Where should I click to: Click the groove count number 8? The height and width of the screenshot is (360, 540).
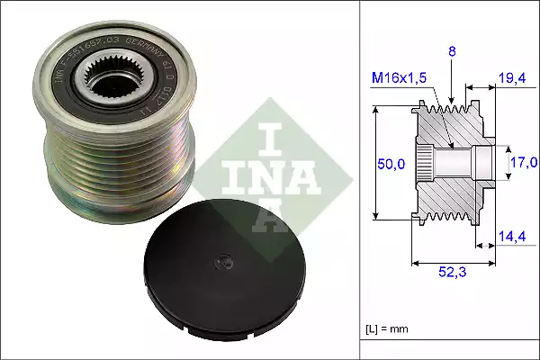[451, 52]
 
